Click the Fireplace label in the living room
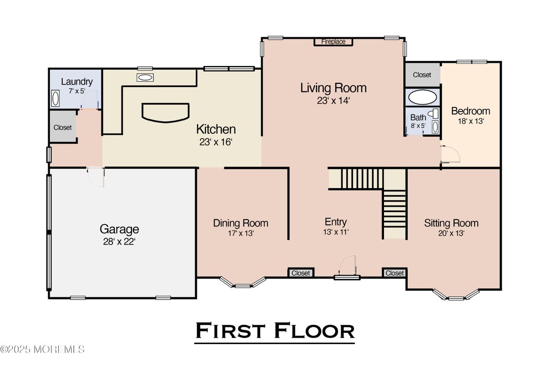[333, 42]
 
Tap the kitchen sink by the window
[145, 77]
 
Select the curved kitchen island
[166, 113]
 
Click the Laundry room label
[77, 82]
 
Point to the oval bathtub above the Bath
[423, 97]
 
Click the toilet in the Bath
[434, 113]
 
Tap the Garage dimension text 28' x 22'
[119, 242]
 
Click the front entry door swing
[348, 265]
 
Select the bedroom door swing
[450, 154]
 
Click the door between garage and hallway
[96, 177]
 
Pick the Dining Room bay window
[243, 282]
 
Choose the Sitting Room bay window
[456, 295]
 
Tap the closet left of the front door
[301, 273]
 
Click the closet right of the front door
[394, 273]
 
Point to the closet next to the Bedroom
[423, 75]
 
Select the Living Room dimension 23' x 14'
[333, 101]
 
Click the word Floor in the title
[315, 331]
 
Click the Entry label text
[336, 222]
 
